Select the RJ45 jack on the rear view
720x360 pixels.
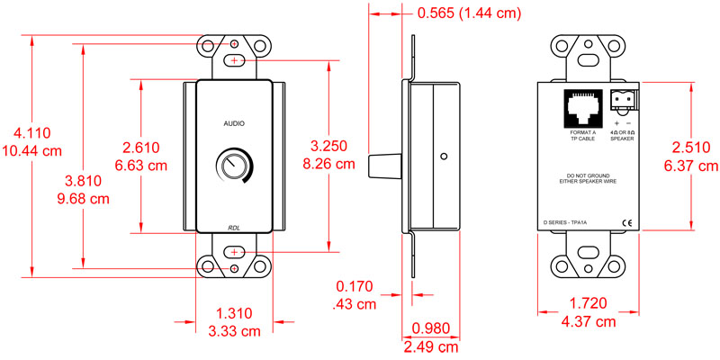(581, 108)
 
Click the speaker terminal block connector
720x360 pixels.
(623, 100)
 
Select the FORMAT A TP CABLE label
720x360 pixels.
(581, 136)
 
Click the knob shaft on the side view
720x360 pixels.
(384, 167)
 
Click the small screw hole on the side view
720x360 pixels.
(444, 156)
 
